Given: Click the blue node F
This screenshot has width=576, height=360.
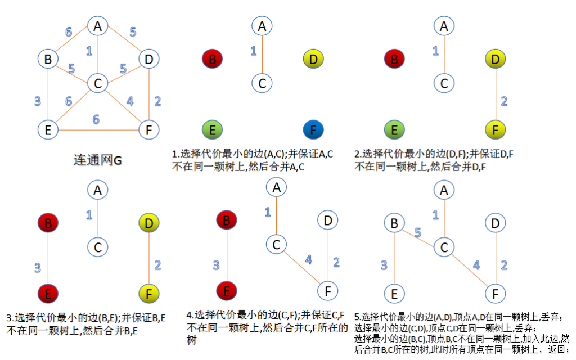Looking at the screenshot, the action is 313,130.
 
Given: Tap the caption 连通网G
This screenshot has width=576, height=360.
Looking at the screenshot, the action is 97,160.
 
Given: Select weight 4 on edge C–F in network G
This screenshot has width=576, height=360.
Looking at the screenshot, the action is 130,101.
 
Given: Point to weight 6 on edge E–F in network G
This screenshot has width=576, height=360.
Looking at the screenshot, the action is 96,119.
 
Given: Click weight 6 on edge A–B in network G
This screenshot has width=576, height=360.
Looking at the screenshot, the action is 69,32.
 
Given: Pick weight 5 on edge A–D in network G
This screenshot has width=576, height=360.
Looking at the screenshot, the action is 133,32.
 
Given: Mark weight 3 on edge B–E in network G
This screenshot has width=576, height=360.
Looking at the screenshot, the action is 38,101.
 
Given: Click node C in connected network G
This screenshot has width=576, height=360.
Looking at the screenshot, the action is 98,83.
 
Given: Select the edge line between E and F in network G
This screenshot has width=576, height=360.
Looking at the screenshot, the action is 98,130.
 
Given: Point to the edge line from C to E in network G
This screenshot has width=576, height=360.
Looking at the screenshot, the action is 73,106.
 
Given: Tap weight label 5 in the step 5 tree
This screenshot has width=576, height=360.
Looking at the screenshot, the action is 418,232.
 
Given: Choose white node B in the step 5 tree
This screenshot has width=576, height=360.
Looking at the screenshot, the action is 394,223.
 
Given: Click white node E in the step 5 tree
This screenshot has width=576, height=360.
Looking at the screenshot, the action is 394,294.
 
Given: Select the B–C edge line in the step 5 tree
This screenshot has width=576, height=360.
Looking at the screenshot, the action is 418,238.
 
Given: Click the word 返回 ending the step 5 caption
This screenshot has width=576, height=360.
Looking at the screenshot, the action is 557,349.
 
